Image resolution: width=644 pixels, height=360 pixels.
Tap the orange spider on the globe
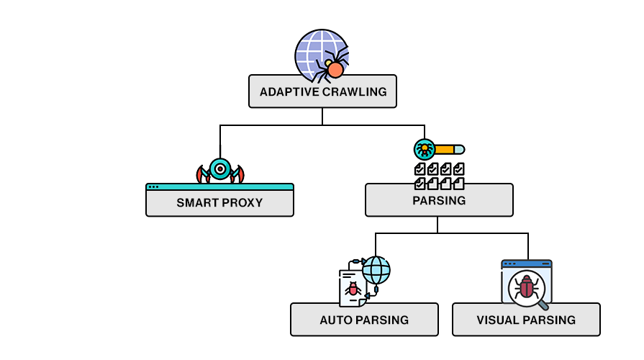(x=335, y=68)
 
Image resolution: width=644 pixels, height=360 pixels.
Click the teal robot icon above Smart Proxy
(x=219, y=170)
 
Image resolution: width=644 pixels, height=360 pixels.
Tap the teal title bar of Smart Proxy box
(x=219, y=186)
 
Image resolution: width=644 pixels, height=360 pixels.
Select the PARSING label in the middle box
(x=439, y=200)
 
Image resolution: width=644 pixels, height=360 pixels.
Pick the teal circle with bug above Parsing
(x=425, y=150)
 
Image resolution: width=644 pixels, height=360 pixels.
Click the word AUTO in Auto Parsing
(x=335, y=320)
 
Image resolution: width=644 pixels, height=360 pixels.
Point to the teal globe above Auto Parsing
(x=376, y=271)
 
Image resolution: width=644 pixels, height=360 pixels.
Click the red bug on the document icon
(x=353, y=289)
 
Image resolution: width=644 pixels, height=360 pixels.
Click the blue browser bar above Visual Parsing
(x=526, y=264)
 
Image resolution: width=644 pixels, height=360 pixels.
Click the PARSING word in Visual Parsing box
(x=551, y=320)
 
